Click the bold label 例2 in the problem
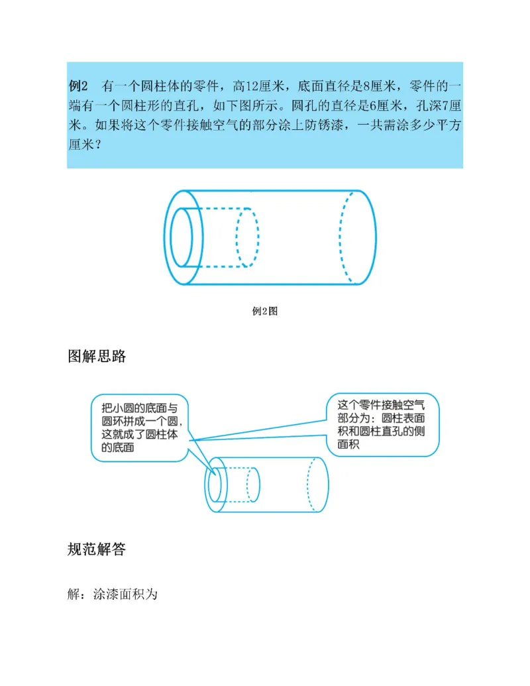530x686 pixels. pos(79,86)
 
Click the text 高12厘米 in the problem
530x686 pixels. pos(253,86)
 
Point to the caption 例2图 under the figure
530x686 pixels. pos(265,311)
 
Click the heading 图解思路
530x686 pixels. pos(97,357)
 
